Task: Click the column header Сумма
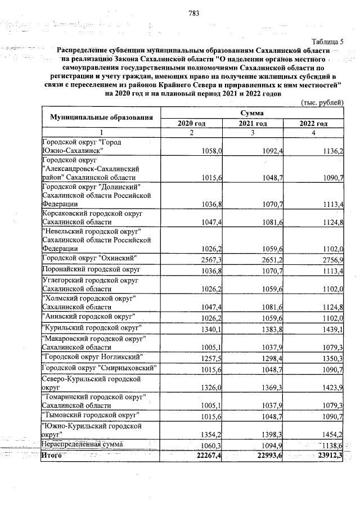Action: tap(253, 114)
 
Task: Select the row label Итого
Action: tap(52, 455)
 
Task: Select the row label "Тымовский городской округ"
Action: tap(91, 416)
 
